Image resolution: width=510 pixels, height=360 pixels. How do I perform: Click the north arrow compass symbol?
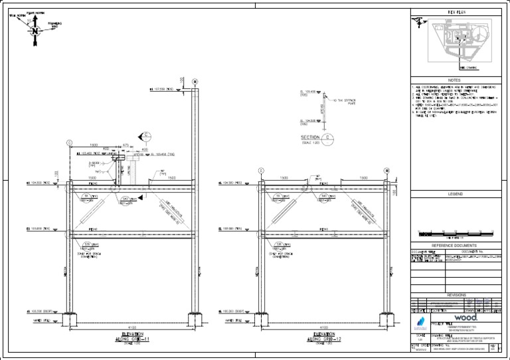[x=33, y=29]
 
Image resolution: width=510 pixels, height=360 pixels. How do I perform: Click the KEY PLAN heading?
[x=458, y=13]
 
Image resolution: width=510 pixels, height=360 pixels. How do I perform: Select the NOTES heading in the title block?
[x=458, y=79]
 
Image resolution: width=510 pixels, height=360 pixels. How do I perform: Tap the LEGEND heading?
[x=458, y=194]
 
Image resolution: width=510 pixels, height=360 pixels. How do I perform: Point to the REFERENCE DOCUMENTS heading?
[x=458, y=245]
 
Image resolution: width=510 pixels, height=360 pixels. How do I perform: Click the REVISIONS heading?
[x=458, y=294]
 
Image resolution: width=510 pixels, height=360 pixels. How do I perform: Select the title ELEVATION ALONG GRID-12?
[x=323, y=337]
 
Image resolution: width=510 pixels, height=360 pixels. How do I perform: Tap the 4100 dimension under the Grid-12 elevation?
[x=323, y=328]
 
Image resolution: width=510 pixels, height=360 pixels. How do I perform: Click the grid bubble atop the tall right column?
[x=195, y=82]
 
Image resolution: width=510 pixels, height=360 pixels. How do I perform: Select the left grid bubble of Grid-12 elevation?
[x=260, y=171]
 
